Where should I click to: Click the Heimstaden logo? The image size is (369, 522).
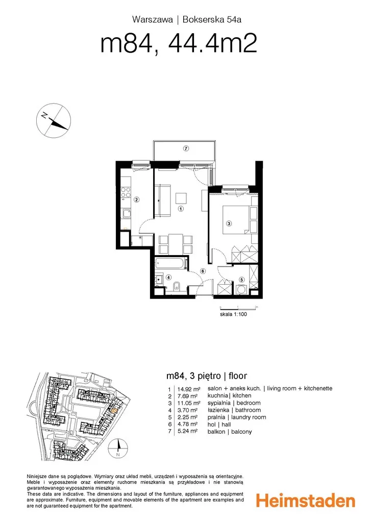[x=305, y=501]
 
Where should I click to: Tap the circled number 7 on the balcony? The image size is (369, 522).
[x=186, y=148]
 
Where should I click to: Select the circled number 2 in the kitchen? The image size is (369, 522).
[x=137, y=200]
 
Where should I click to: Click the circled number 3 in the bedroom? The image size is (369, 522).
[x=229, y=223]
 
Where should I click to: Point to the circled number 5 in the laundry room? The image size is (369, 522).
[x=242, y=280]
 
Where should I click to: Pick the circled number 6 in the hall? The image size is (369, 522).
[x=202, y=271]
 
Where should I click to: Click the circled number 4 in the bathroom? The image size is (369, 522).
[x=169, y=277]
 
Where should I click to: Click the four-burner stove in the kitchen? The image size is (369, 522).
[x=126, y=192]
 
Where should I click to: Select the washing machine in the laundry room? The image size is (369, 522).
[x=241, y=290]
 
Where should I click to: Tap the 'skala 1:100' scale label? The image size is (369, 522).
[x=233, y=314]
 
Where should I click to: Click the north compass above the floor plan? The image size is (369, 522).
[x=54, y=120]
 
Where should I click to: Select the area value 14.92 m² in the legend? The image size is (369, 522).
[x=189, y=389]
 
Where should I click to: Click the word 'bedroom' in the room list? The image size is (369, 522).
[x=249, y=403]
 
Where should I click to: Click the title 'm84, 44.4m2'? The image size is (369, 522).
[x=179, y=43]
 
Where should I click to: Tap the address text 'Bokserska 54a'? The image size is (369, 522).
[x=212, y=19]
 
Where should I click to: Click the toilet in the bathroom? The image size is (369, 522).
[x=177, y=286]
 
